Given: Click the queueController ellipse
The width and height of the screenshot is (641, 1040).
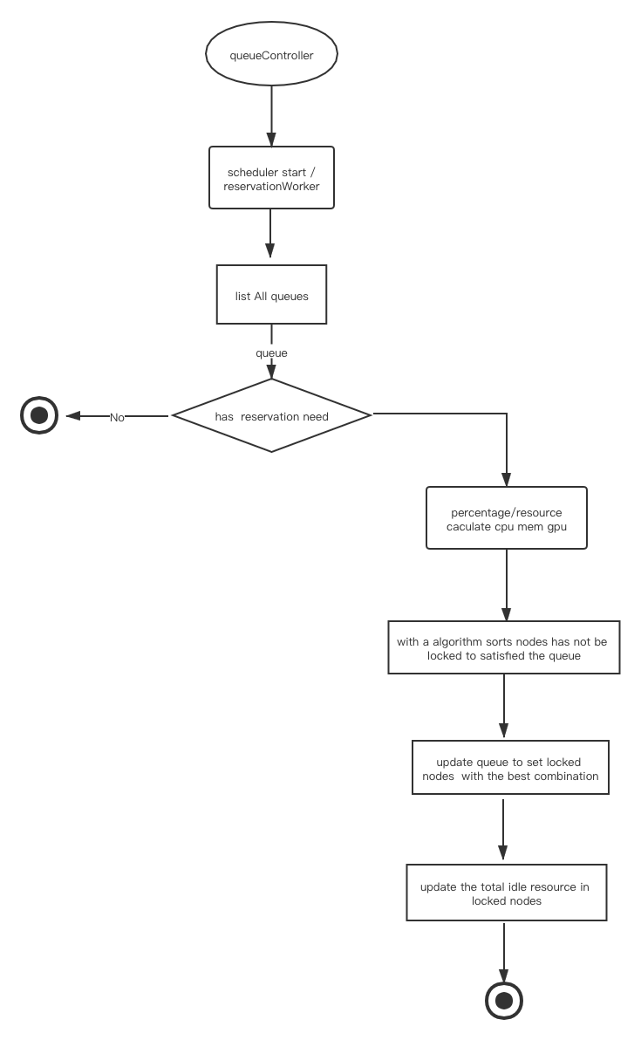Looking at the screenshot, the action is pyautogui.click(x=272, y=54).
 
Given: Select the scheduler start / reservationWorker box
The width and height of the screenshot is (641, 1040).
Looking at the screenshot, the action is pyautogui.click(x=272, y=178).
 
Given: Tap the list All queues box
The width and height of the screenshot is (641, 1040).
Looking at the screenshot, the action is pyautogui.click(x=272, y=295).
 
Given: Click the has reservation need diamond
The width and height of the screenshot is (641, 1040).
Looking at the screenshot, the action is pyautogui.click(x=272, y=416).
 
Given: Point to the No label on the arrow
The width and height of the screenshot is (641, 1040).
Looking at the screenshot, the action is pyautogui.click(x=117, y=417).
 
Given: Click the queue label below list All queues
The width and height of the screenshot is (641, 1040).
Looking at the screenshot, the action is pyautogui.click(x=272, y=352).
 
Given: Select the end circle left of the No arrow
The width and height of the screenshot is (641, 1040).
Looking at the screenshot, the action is pyautogui.click(x=39, y=416).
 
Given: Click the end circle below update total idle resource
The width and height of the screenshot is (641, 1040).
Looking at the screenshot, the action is pyautogui.click(x=504, y=1001).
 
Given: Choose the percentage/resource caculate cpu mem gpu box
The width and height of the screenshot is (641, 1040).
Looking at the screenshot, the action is pyautogui.click(x=507, y=518).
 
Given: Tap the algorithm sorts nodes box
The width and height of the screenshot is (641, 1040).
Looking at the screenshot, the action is pyautogui.click(x=504, y=647).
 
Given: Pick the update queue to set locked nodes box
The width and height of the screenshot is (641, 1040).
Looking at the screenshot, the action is pyautogui.click(x=510, y=768).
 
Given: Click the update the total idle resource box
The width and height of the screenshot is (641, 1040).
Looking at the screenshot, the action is pyautogui.click(x=507, y=893).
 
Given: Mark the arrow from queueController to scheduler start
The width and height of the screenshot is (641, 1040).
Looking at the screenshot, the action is pyautogui.click(x=271, y=116).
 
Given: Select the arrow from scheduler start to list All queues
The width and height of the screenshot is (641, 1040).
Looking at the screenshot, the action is pyautogui.click(x=269, y=234).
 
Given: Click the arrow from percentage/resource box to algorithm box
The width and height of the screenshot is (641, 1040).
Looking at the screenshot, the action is pyautogui.click(x=507, y=585).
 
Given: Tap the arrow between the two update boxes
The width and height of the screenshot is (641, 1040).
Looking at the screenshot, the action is pyautogui.click(x=503, y=829).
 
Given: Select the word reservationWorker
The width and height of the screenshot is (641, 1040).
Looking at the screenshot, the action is pyautogui.click(x=272, y=187).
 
